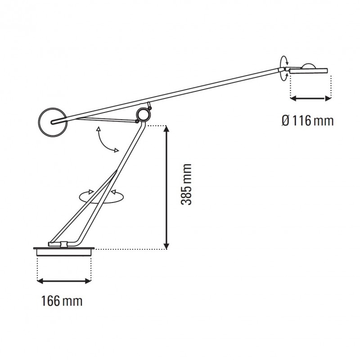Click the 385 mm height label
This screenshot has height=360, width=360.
pos(187,184)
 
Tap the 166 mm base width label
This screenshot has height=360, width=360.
pos(62,301)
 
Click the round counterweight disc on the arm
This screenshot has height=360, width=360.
pos(53,121)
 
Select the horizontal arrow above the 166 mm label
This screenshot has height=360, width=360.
pos(63,281)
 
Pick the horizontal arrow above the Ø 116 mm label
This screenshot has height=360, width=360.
pos(311,98)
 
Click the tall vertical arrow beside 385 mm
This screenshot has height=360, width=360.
pos(166,187)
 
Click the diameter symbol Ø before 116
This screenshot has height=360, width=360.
pos(285,121)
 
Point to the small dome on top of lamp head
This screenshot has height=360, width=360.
pos(309,65)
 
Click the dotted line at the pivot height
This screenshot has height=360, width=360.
pos(155,125)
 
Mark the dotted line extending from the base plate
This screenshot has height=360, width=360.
pos(130,248)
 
